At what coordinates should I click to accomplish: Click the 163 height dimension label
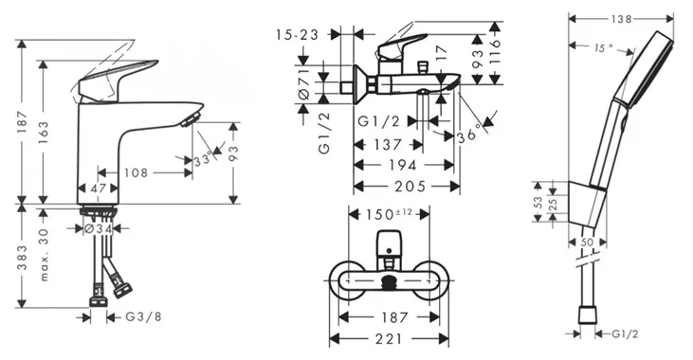[44, 132]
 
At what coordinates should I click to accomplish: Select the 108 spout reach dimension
[137, 172]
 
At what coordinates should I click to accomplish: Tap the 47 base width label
[98, 189]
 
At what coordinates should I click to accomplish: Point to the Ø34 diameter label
[98, 229]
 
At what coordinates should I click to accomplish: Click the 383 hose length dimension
[22, 258]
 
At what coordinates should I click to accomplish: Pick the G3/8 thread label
[144, 316]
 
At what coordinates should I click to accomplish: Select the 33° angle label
[203, 160]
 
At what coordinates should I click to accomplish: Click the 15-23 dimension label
[297, 34]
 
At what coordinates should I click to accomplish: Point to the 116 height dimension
[495, 51]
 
